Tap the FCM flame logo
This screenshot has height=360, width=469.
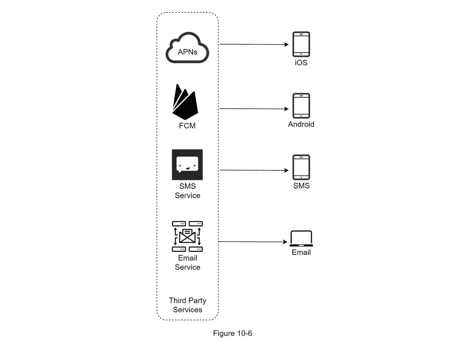click(185, 102)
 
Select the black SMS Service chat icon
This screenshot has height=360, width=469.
click(187, 165)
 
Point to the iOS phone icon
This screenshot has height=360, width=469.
click(301, 45)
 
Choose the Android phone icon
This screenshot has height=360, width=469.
click(301, 106)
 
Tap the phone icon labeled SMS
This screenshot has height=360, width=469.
click(301, 167)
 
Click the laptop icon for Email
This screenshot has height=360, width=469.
click(301, 238)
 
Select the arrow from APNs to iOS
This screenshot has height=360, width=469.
click(254, 45)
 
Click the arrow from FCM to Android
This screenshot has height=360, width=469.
click(254, 109)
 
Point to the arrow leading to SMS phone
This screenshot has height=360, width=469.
click(254, 170)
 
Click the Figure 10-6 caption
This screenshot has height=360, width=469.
click(233, 333)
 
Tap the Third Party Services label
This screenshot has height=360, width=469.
click(188, 305)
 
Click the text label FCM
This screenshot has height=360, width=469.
click(187, 126)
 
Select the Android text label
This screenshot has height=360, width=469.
click(301, 124)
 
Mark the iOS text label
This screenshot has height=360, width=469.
click(301, 63)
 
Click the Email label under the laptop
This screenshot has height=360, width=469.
click(301, 253)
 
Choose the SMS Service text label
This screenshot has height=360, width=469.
click(188, 191)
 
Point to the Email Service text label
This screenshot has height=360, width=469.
click(188, 263)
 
